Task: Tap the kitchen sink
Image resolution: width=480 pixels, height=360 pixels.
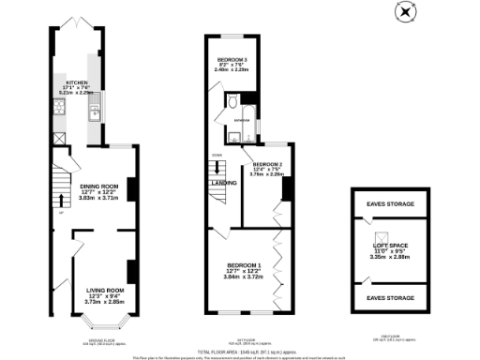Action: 97,115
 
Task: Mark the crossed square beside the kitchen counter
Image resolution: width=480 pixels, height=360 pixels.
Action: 59,140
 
